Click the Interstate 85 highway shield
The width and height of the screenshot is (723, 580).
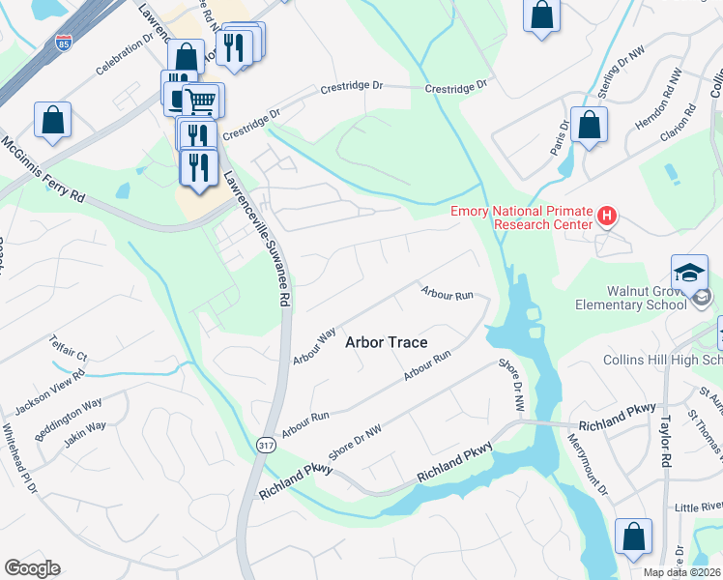point(63,43)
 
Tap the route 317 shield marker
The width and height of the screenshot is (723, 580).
point(265,444)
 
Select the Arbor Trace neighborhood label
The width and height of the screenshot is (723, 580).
point(386,342)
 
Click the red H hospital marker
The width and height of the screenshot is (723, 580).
point(607,216)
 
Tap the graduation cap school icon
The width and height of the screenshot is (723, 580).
point(690,271)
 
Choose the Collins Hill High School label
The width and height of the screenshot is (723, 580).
point(662,360)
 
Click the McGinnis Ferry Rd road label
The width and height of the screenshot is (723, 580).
point(43,170)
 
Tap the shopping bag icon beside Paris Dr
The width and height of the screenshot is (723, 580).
point(589,125)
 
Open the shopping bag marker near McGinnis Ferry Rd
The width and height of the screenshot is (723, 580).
point(53,120)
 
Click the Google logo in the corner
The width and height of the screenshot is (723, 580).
point(32,568)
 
